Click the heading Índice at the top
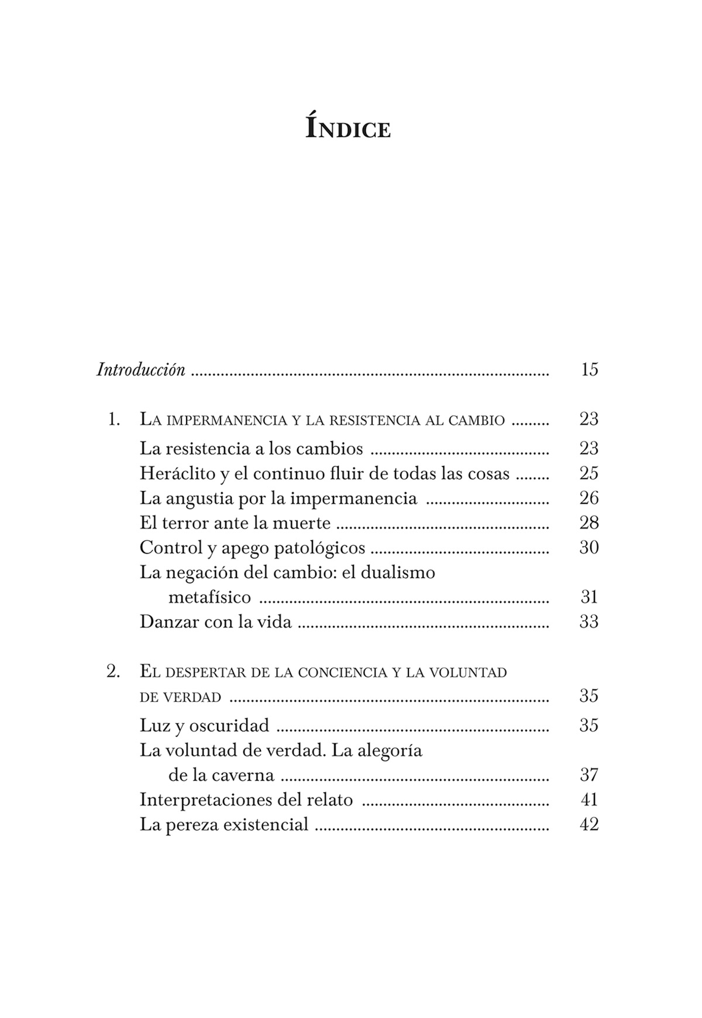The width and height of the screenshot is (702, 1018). (347, 127)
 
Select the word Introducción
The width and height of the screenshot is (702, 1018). (141, 370)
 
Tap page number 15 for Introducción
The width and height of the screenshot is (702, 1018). (589, 370)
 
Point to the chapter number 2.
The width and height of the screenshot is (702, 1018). (113, 672)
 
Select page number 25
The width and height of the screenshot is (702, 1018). (589, 473)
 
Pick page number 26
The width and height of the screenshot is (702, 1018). (589, 498)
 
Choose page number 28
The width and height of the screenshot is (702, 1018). (589, 523)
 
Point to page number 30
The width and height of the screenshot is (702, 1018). (589, 548)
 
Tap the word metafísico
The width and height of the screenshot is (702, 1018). (209, 597)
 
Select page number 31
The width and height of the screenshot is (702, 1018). (589, 597)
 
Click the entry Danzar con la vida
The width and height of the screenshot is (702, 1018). (215, 622)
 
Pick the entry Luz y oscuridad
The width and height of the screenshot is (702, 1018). (204, 726)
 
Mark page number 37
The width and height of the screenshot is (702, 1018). (589, 775)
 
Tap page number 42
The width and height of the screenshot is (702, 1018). (589, 825)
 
